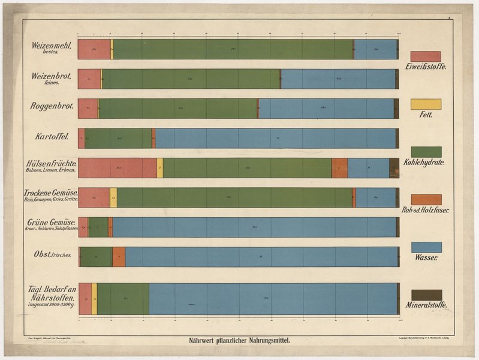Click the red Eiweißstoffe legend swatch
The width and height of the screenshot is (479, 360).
point(426,56)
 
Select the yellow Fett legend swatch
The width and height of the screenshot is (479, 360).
point(426,104)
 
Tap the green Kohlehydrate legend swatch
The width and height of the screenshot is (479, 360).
point(426,152)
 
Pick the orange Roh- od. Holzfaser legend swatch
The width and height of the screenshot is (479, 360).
point(426,200)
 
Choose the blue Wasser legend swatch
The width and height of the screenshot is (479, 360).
point(426,247)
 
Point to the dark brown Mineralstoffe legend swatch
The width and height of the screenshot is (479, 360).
point(426,295)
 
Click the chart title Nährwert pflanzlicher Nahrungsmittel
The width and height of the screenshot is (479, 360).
point(239,340)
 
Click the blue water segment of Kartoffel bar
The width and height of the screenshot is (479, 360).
point(276,138)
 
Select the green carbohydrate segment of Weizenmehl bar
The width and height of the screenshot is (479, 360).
point(233,49)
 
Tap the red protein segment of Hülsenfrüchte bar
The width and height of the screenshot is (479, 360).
point(117,168)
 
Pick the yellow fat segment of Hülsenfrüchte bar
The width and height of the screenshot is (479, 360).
point(160,168)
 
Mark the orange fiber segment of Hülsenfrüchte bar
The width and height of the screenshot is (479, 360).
point(339,168)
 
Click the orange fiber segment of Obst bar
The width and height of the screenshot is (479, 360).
point(119,257)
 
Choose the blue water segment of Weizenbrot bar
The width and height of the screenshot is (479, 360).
point(338,79)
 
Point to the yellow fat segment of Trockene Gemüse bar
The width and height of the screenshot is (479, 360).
point(113,197)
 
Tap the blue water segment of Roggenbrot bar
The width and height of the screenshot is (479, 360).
point(326,109)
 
